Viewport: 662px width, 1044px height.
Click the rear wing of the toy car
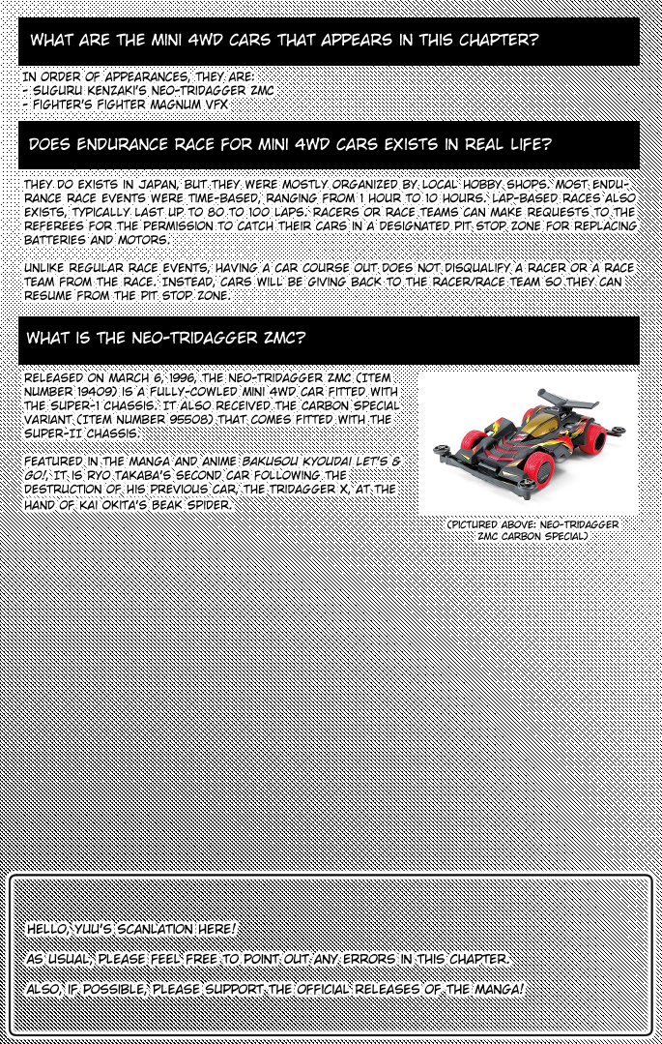pyautogui.click(x=565, y=397)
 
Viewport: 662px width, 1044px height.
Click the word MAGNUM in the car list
pyautogui.click(x=173, y=104)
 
